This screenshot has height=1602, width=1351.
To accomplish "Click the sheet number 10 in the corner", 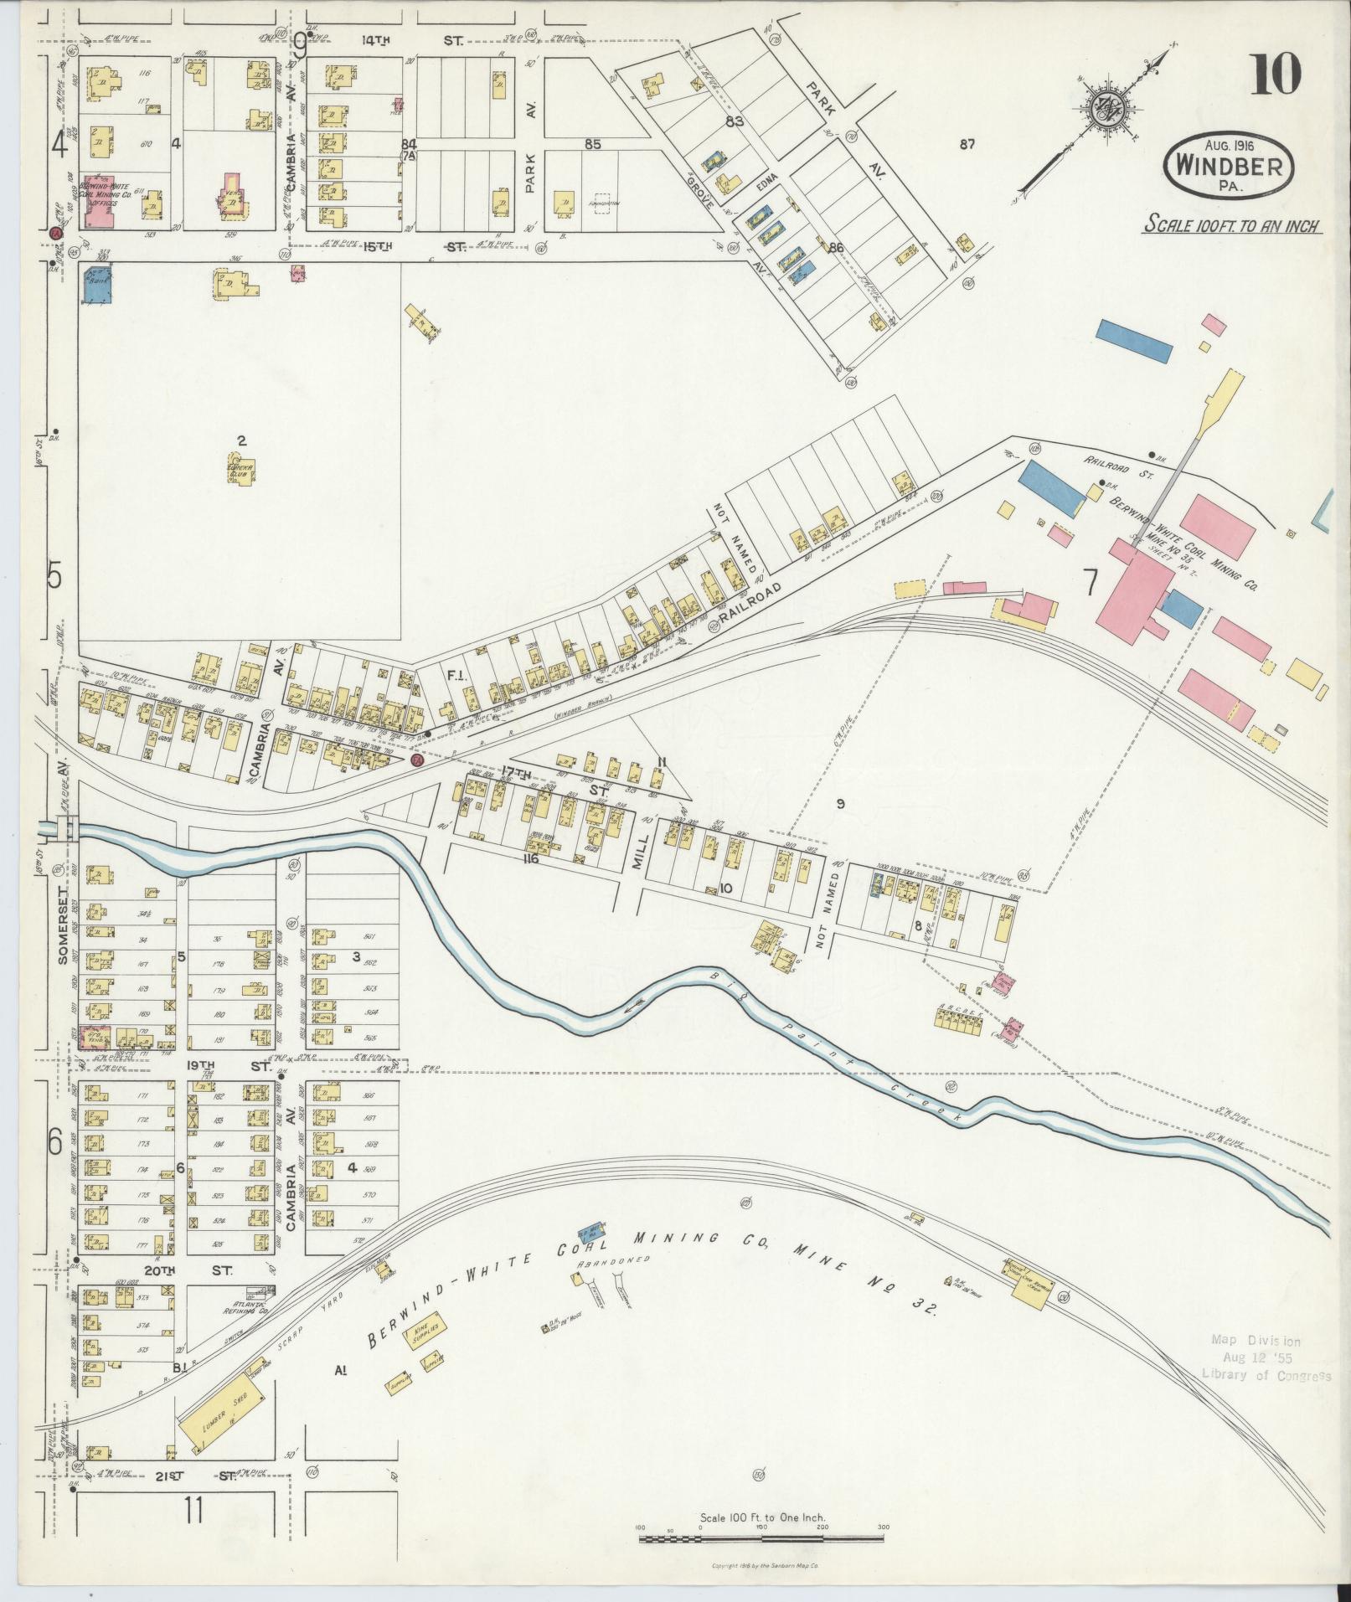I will [x=1277, y=75].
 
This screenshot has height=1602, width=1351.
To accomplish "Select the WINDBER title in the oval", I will [x=1229, y=165].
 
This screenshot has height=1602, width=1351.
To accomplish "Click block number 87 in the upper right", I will [x=967, y=145].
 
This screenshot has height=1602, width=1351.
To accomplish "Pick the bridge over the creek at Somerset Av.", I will [x=67, y=828].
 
